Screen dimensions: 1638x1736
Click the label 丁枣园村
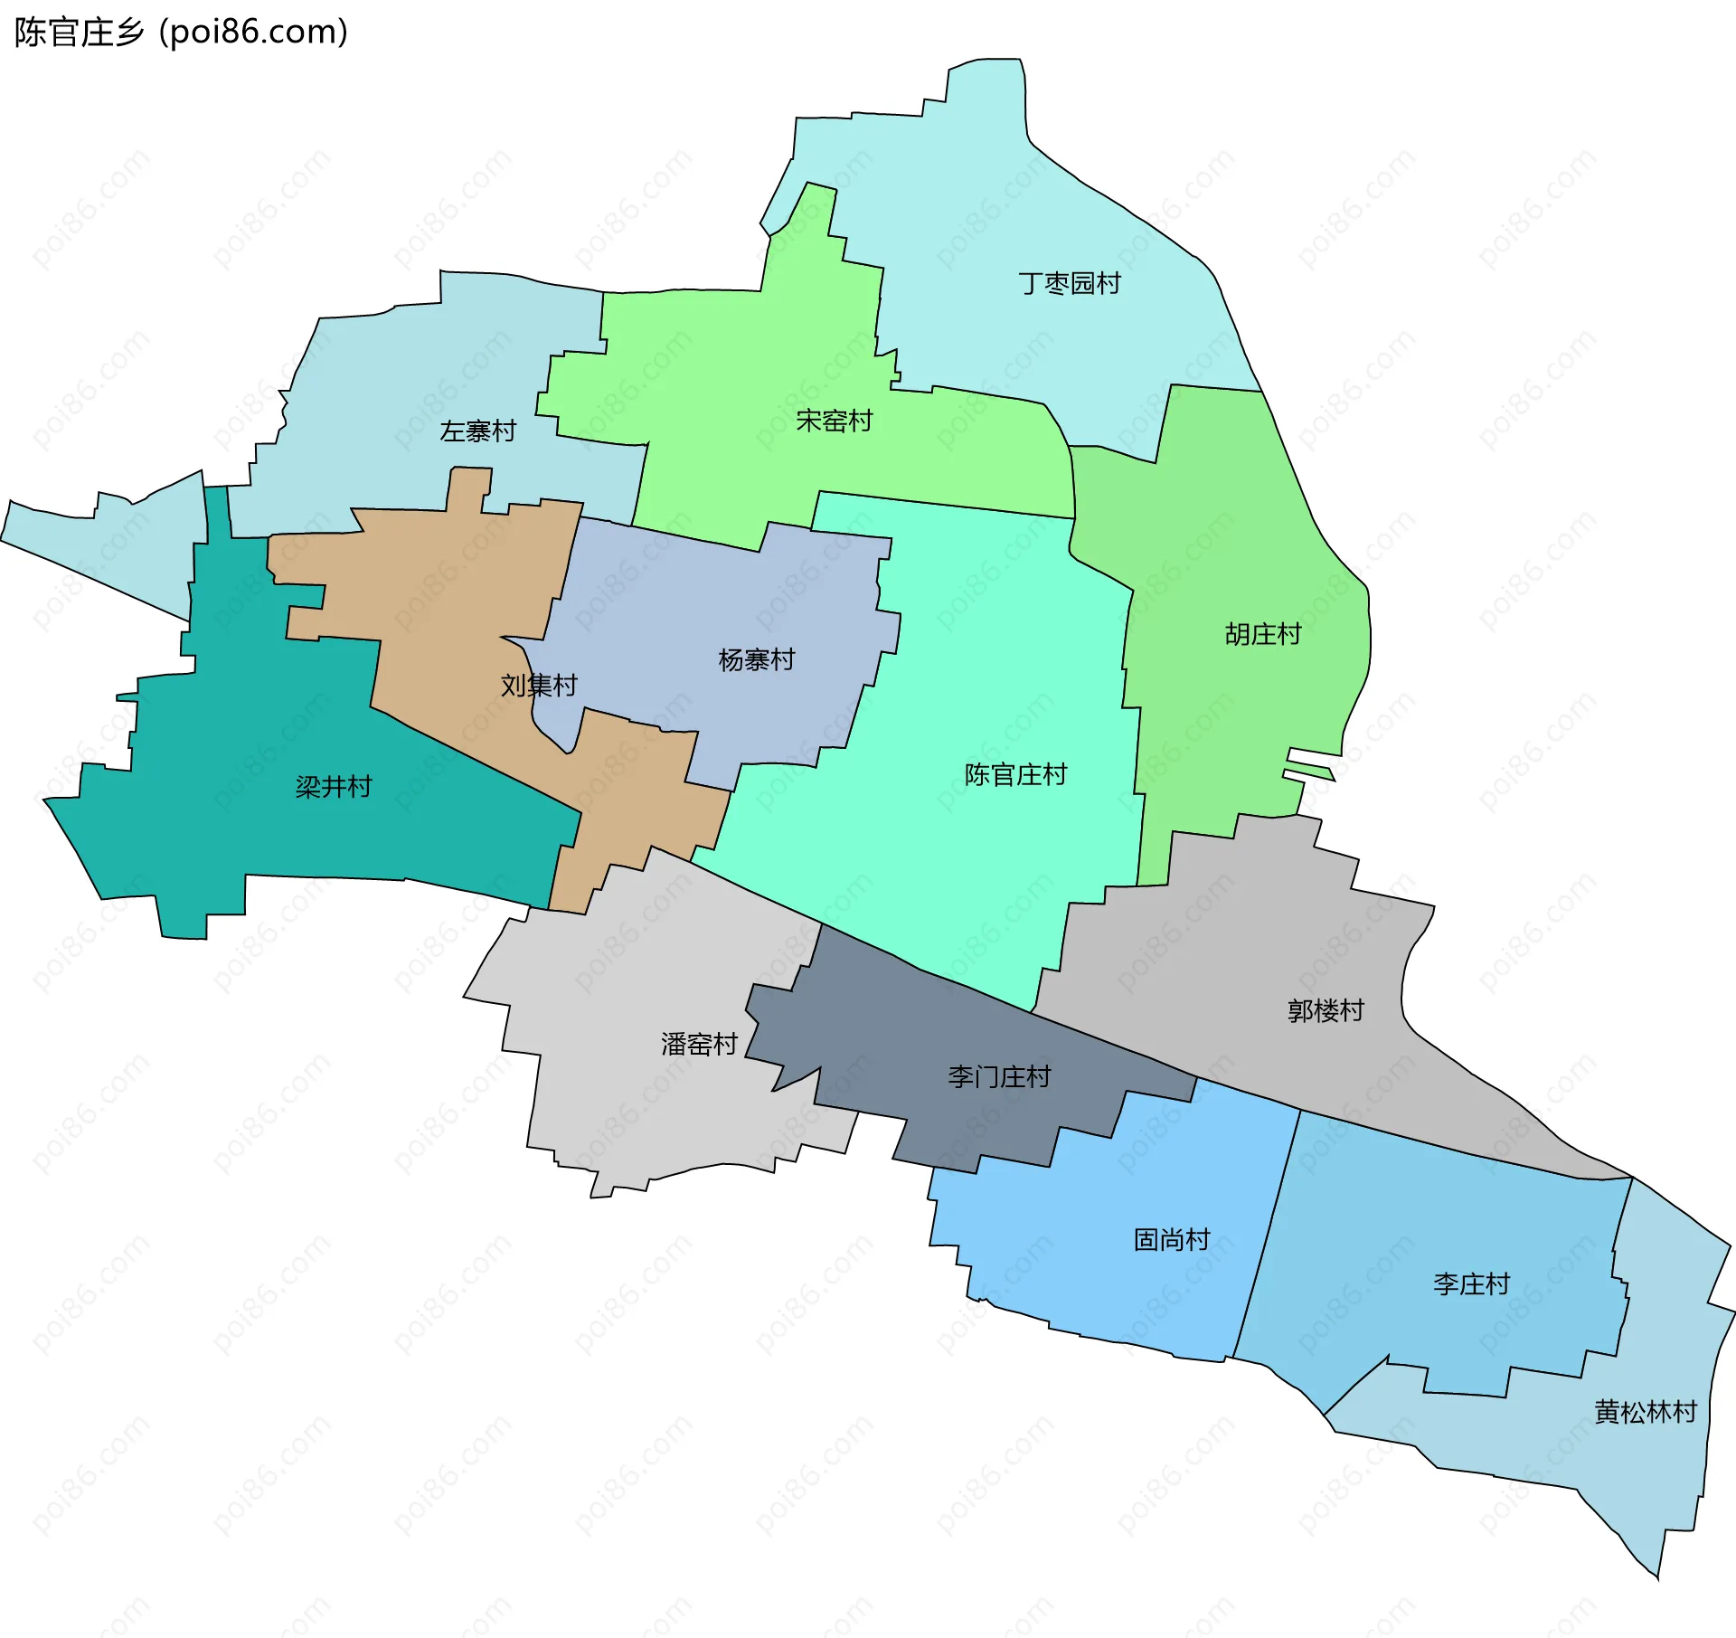coord(1069,283)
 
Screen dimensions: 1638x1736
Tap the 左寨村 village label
coord(477,431)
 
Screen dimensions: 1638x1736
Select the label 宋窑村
coord(834,421)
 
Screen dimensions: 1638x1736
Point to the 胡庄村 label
coord(1262,634)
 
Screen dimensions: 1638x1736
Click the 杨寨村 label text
coord(756,659)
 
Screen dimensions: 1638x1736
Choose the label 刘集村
coord(539,685)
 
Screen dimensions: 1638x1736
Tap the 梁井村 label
coord(333,786)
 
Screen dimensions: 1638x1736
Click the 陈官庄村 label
coord(1015,774)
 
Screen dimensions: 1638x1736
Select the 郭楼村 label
coord(1326,1010)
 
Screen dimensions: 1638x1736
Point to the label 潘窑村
coord(699,1044)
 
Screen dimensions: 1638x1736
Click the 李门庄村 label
coord(999,1076)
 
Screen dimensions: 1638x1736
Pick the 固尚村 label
coord(1172,1239)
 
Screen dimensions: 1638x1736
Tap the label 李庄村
coord(1471,1283)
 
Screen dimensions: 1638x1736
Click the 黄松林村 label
coord(1646,1412)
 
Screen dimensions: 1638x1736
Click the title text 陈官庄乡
coord(80,32)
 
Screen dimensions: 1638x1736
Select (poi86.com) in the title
coord(253,32)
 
